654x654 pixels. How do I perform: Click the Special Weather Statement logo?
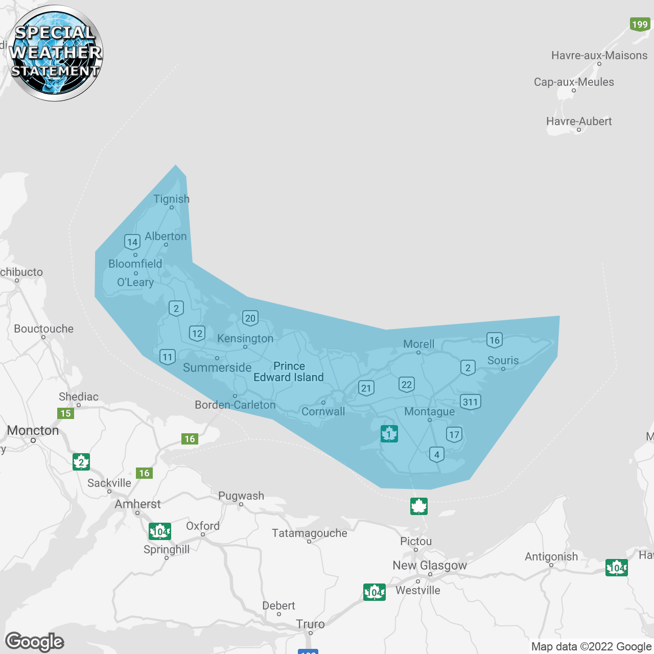[x=55, y=53]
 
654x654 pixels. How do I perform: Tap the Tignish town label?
[x=171, y=199]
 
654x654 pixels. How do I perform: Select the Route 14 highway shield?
[x=132, y=242]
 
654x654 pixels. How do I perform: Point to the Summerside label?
[x=217, y=367]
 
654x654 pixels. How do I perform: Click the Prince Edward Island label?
[x=289, y=371]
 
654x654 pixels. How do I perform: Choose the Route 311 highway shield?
[x=470, y=402]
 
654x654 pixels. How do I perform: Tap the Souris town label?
[x=503, y=360]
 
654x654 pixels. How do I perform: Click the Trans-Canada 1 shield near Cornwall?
[x=389, y=434]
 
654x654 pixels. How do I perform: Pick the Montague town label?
[x=429, y=411]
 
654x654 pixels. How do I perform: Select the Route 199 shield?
[x=640, y=24]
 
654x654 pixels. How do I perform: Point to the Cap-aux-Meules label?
[x=574, y=82]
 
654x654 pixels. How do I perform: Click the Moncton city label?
[x=33, y=430]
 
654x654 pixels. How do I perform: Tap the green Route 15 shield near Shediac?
[x=66, y=413]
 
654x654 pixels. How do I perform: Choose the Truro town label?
[x=310, y=624]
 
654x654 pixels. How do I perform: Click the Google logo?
[x=35, y=642]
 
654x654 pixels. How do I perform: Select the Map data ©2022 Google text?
[x=591, y=646]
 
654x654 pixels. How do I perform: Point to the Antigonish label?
[x=551, y=556]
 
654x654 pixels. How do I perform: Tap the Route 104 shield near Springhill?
[x=159, y=532]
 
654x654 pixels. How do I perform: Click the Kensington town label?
[x=245, y=338]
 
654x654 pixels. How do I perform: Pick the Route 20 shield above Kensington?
[x=250, y=318]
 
